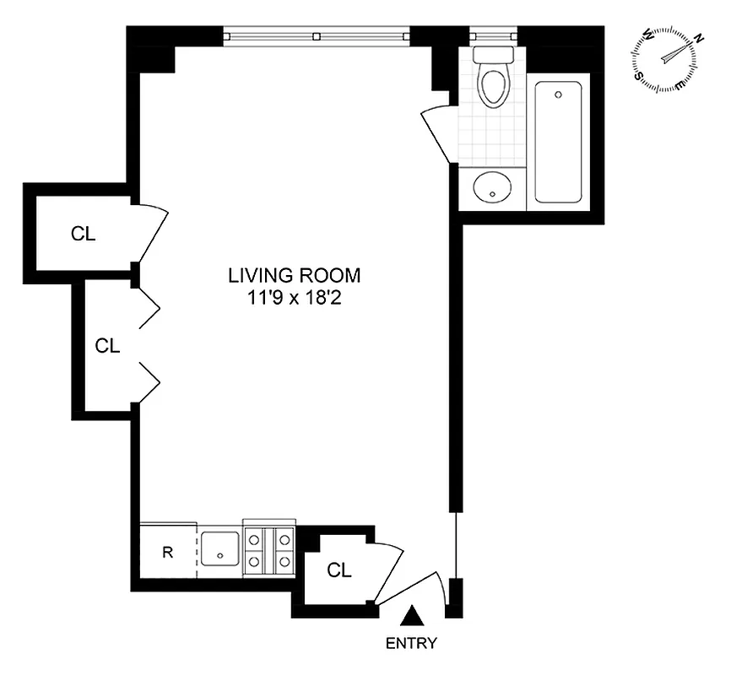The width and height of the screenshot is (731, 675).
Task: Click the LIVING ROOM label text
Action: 294,275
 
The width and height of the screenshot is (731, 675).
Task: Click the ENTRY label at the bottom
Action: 411,644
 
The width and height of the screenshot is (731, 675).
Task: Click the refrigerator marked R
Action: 168,553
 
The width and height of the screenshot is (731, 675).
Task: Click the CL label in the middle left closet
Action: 108,345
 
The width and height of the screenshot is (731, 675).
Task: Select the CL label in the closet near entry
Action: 338,571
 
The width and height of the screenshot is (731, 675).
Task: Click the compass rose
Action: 667,58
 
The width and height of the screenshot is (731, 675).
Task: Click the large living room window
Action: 316,36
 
